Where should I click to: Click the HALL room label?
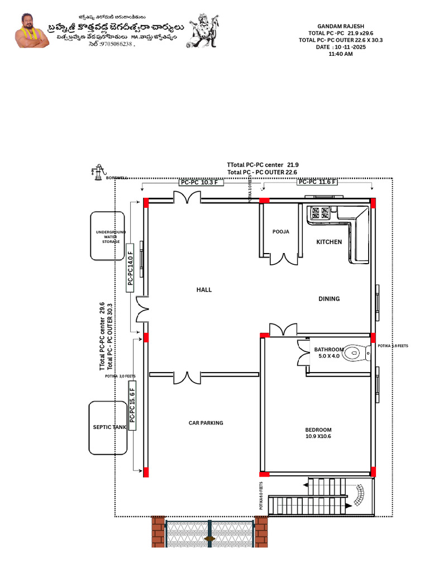[204, 289]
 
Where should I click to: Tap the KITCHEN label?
[329, 242]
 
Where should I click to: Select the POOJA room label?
[280, 231]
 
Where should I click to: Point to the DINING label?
[329, 299]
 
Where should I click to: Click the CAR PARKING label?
[206, 423]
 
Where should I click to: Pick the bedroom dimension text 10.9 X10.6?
[318, 437]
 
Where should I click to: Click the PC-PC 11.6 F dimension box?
[317, 182]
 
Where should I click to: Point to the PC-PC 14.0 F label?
[130, 267]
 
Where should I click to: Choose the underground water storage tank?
[107, 235]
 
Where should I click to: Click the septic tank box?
[108, 427]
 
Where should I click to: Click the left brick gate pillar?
[159, 531]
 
